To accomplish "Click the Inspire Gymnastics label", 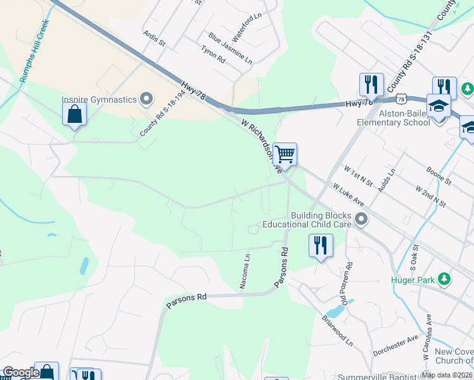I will point(99,99).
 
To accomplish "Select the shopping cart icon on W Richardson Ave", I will point(285,154).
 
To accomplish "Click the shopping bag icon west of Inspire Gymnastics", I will point(74,115).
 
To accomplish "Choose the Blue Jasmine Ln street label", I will point(231,49).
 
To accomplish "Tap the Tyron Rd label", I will point(213,54).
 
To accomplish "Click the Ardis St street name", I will point(154,39).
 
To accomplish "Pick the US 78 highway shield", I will point(400,99).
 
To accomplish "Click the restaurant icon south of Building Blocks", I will point(321,245).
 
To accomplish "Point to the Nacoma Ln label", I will point(244,272).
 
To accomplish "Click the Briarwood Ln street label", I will point(336,326).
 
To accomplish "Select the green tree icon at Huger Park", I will point(445,278).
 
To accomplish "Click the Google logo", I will point(20,372).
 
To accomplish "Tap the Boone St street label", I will point(438,177).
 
